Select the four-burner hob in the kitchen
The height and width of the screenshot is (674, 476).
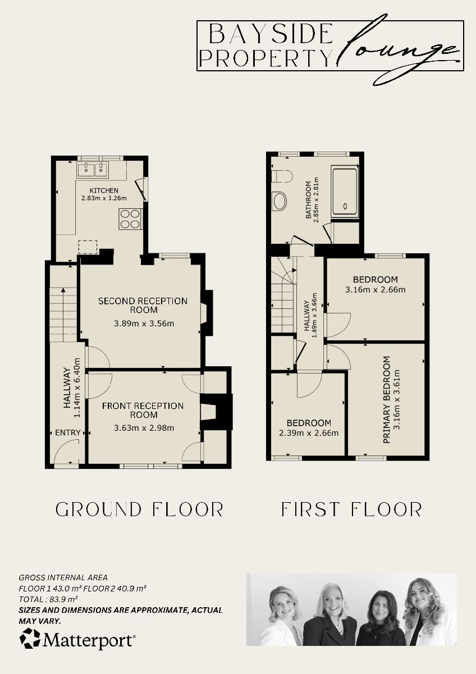(x=130, y=218)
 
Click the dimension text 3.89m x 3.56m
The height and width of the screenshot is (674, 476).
(x=144, y=324)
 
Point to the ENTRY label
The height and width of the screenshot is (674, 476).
(x=68, y=433)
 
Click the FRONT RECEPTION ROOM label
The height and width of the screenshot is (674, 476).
(x=143, y=410)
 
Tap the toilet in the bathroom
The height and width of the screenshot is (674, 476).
(x=282, y=176)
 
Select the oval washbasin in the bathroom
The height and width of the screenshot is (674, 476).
(x=279, y=201)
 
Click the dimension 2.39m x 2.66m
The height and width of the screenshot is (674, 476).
(x=309, y=433)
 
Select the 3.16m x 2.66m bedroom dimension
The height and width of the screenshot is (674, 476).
(x=376, y=290)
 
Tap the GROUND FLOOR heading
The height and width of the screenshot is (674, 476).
(x=140, y=509)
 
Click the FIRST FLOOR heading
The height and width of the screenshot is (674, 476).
(x=351, y=509)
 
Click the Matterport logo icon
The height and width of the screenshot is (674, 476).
(x=30, y=639)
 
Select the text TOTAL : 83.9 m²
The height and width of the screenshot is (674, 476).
(x=48, y=599)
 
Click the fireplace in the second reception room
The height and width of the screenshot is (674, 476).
(x=205, y=312)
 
